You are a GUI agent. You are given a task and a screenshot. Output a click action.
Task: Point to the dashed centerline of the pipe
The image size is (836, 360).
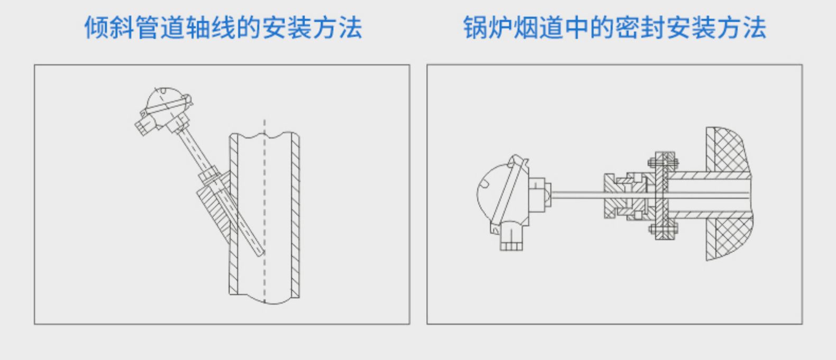[x=265, y=211]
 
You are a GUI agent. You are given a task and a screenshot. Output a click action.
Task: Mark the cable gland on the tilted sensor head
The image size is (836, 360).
[x=143, y=125]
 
